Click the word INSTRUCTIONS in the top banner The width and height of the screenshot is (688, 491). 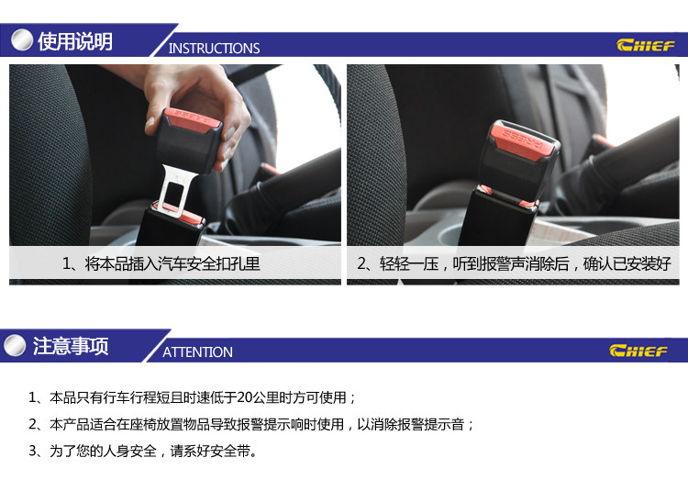pos(214,48)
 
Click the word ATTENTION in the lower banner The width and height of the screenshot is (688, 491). pos(197,352)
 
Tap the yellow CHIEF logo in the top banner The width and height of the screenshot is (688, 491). pos(646,45)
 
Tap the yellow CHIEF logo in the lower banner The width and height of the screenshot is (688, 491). pos(638,351)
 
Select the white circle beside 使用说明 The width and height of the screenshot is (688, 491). pos(22,40)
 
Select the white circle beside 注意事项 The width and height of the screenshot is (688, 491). pos(15,345)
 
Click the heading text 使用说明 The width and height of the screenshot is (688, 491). pos(75,41)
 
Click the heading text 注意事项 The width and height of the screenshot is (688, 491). pos(71,346)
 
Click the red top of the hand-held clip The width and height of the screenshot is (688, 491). pos(193,118)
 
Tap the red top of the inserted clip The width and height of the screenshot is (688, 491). pos(522,139)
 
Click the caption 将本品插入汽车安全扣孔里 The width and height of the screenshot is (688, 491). pos(172,263)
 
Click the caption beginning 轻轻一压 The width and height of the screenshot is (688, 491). pos(525,263)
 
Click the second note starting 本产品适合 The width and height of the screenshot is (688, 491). pos(251,424)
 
